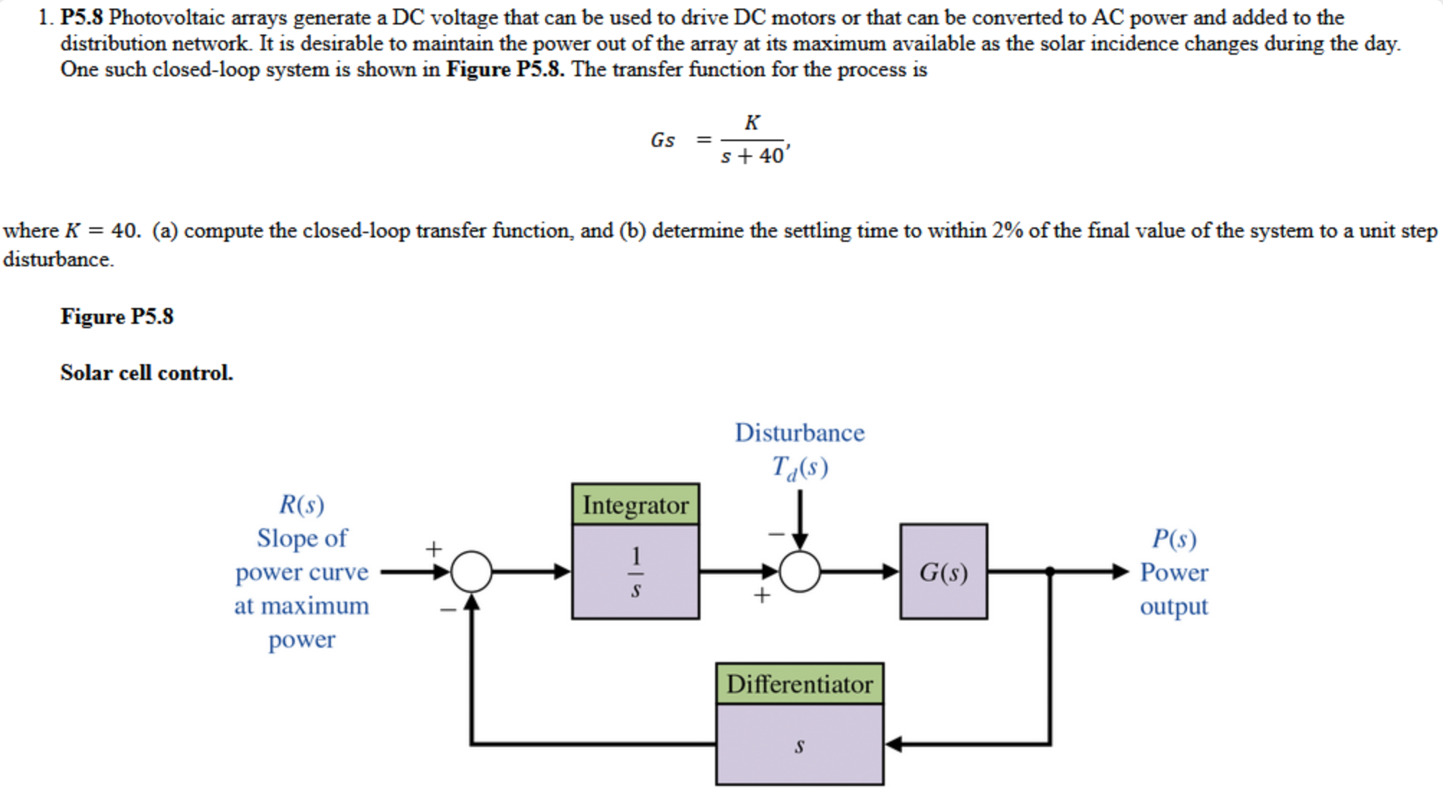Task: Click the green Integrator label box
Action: click(635, 504)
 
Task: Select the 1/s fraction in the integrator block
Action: click(635, 573)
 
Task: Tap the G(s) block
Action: click(943, 572)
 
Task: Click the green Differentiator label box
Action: click(799, 684)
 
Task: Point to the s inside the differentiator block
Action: click(799, 746)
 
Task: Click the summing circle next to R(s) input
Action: click(471, 572)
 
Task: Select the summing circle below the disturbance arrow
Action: click(800, 572)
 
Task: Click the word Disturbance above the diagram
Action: click(799, 433)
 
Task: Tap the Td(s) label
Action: click(799, 468)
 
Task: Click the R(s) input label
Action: click(301, 504)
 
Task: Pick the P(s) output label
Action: click(1174, 538)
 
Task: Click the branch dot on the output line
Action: click(1050, 572)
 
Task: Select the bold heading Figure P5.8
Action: click(117, 317)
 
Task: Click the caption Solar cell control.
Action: click(147, 373)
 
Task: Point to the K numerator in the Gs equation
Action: click(752, 122)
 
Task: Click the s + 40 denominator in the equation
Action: click(752, 155)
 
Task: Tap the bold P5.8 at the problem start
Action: click(81, 17)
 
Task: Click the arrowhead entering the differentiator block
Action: click(893, 744)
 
